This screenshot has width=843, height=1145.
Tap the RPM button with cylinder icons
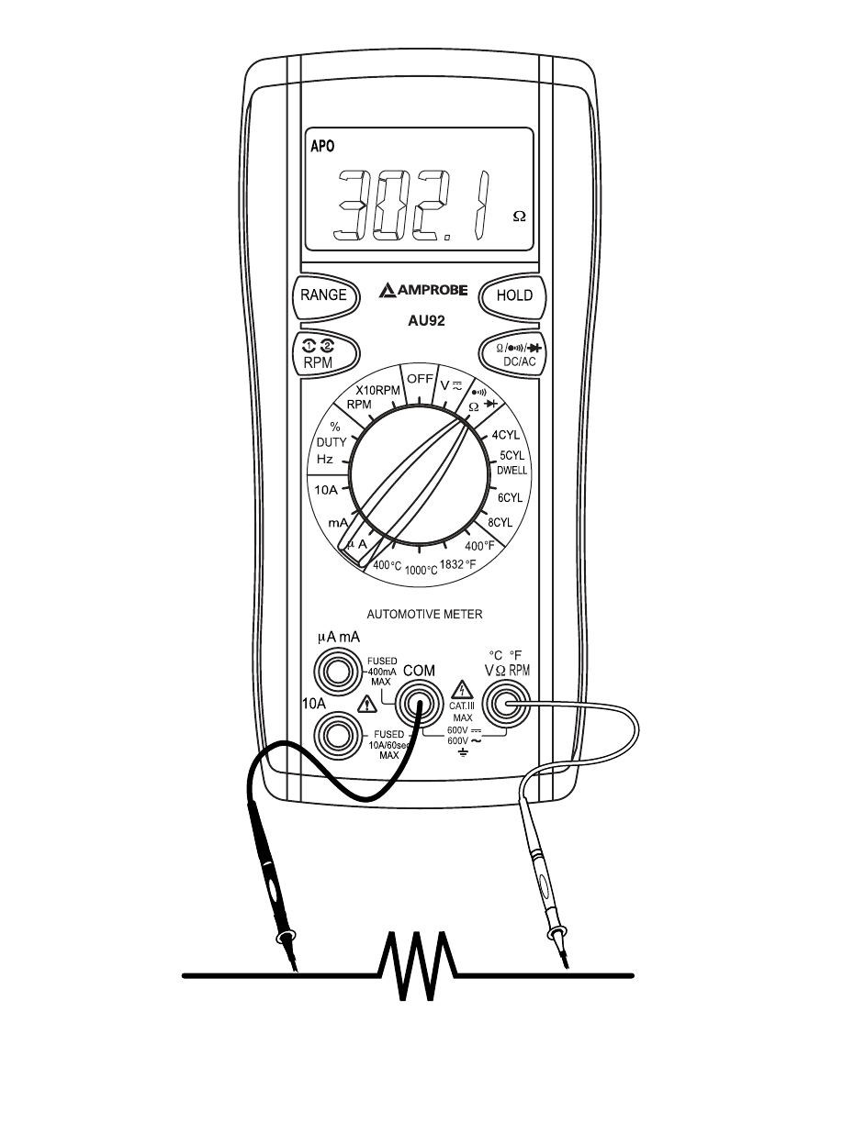pyautogui.click(x=325, y=355)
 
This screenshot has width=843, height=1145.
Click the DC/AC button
pyautogui.click(x=512, y=354)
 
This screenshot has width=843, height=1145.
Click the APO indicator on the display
pyautogui.click(x=322, y=146)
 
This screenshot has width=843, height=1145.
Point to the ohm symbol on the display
pyautogui.click(x=519, y=217)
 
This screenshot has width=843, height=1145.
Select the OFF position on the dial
pyautogui.click(x=420, y=379)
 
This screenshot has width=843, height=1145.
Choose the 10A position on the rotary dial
pyautogui.click(x=326, y=490)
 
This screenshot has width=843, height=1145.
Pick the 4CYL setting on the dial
pyautogui.click(x=505, y=435)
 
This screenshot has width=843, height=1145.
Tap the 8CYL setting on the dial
pyautogui.click(x=500, y=522)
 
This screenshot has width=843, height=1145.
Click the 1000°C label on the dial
pyautogui.click(x=421, y=571)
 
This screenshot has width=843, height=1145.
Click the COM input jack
pyautogui.click(x=419, y=705)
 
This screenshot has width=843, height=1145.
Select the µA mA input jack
pyautogui.click(x=337, y=673)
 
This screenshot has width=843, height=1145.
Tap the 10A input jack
pyautogui.click(x=337, y=736)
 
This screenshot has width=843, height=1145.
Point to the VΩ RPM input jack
pyautogui.click(x=507, y=705)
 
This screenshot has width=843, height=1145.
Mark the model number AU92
pyautogui.click(x=426, y=320)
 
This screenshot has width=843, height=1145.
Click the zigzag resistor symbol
pyautogui.click(x=417, y=966)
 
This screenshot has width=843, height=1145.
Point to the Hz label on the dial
pyautogui.click(x=325, y=459)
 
